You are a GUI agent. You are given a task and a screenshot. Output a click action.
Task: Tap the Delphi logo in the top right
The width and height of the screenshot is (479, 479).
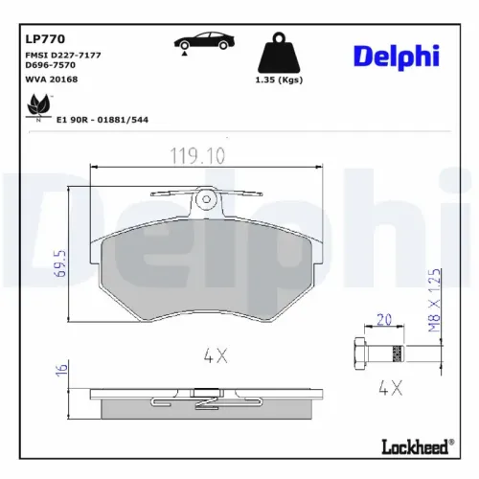pyautogui.click(x=398, y=57)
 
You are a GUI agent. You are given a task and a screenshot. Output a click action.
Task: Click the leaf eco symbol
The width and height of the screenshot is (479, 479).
pyautogui.click(x=38, y=105)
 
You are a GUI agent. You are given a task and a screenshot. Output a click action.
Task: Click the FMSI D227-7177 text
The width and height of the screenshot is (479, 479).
pyautogui.click(x=61, y=57)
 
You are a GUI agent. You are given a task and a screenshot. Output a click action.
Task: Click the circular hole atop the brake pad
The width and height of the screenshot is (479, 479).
pyautogui.click(x=204, y=199)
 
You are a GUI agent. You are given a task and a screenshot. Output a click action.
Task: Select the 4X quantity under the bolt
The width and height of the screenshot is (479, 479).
pyautogui.click(x=389, y=387)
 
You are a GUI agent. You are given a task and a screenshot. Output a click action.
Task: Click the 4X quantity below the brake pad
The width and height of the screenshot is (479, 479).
pyautogui.click(x=214, y=355)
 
